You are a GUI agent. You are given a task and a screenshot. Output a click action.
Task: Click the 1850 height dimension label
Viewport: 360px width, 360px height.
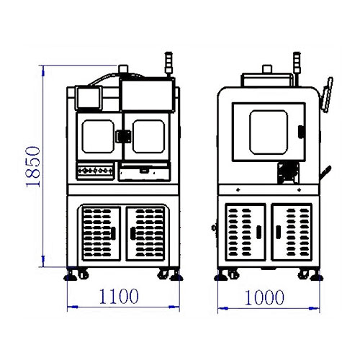coord(33,166)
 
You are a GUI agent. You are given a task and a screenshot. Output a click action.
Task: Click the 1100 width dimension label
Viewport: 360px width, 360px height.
coord(119,297)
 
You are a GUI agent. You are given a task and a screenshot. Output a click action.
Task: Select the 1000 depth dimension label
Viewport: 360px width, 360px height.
coord(264,297)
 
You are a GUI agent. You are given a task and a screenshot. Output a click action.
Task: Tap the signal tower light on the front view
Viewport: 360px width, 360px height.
coord(168,63)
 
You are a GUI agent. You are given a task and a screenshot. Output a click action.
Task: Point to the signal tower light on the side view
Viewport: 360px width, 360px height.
coord(297,63)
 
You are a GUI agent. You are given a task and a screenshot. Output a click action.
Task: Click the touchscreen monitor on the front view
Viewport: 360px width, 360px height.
coord(89,98)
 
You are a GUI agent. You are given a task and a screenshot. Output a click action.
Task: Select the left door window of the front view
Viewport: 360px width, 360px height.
coord(98,136)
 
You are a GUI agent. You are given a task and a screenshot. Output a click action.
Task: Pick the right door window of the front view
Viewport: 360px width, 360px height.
coord(148,136)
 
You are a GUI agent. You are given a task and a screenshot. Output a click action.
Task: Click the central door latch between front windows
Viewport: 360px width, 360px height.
coord(123,136)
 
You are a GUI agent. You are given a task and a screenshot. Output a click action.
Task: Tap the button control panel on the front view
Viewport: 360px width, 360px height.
coord(95,171)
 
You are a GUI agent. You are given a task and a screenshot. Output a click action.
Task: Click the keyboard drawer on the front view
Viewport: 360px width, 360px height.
coord(145,171)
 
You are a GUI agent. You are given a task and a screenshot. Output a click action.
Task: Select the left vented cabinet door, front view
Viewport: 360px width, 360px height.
coord(101,233)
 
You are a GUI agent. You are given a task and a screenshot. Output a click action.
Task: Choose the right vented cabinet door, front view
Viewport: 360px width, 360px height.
coord(145,233)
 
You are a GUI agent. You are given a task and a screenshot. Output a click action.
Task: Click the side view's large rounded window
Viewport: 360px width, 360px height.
coord(269,132)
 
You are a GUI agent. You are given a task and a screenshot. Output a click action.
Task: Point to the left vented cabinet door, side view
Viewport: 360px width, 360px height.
coord(246,232)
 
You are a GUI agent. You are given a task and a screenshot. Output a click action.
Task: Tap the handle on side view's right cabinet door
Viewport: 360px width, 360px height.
coord(279,232)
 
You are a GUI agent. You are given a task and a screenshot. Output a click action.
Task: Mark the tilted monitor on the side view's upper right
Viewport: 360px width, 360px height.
coord(327,94)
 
